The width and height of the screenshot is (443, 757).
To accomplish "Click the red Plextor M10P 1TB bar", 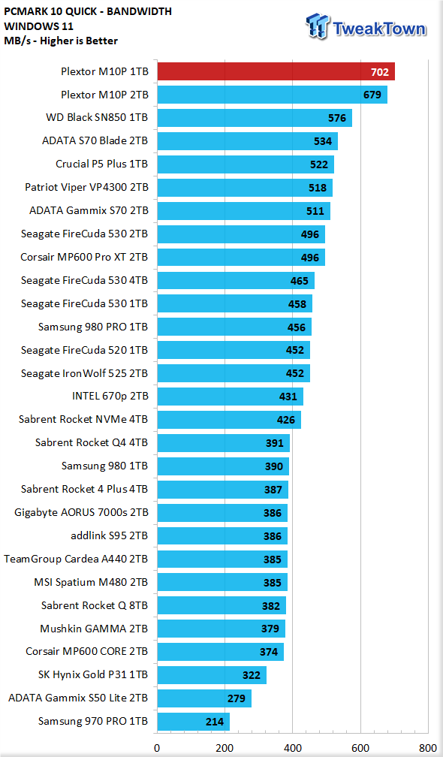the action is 276,71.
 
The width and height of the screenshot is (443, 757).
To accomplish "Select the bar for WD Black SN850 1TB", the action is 255,118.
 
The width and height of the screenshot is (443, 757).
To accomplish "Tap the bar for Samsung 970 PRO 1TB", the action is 193,722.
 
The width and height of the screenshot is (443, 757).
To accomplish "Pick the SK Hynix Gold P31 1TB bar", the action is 212,675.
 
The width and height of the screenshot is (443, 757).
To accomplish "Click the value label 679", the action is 372,95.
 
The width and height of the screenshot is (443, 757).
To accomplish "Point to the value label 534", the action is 323,141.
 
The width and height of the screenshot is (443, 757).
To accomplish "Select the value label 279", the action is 237,698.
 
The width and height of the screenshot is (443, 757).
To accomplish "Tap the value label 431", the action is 288,397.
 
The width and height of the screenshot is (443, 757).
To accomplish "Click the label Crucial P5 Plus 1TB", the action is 102,164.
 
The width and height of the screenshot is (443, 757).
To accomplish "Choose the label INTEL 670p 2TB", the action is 110,397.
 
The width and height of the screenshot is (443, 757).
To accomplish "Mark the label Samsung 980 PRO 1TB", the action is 93,327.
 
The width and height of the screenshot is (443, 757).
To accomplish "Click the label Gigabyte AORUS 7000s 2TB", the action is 81,513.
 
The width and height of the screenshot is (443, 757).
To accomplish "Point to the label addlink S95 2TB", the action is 110,536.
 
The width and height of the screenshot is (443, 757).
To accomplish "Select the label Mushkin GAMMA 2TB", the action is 94,629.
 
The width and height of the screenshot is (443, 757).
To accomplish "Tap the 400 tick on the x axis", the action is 292,748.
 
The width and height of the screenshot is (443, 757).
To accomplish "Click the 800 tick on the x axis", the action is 428,748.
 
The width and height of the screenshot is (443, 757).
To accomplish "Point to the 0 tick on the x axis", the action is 157,748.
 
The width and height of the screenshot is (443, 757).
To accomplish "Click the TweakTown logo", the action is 366,26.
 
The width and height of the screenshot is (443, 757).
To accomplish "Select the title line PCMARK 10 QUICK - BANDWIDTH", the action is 87,11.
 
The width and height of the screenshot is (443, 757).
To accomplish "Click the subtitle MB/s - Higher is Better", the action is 61,41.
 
